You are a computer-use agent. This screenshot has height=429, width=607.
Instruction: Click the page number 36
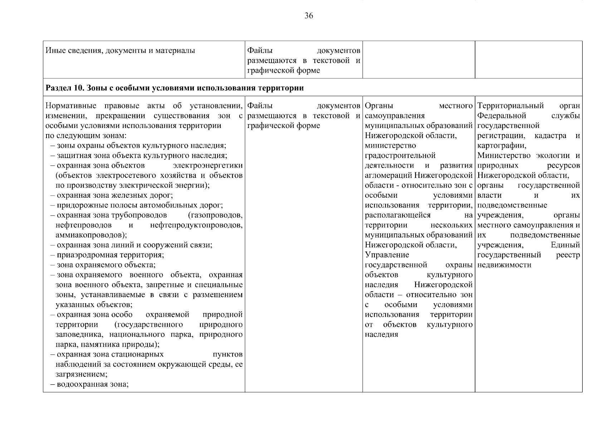pyautogui.click(x=309, y=16)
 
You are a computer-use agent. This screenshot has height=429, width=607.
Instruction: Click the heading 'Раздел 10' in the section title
pyautogui.click(x=64, y=88)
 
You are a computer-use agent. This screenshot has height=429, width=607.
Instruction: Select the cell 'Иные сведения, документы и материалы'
pyautogui.click(x=121, y=50)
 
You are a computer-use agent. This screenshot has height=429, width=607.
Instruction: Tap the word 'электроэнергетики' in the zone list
pyautogui.click(x=208, y=166)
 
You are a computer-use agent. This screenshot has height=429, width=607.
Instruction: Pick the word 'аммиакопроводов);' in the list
pyautogui.click(x=91, y=235)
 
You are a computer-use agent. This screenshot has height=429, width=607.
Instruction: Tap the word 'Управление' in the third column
pyautogui.click(x=387, y=255)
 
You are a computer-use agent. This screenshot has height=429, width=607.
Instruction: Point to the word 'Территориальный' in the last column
pyautogui.click(x=510, y=106)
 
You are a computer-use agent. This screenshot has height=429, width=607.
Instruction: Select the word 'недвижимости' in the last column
pyautogui.click(x=504, y=265)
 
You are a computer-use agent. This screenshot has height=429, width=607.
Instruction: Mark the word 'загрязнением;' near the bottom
pyautogui.click(x=82, y=374)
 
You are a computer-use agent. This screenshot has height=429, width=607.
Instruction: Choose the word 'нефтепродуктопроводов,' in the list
pyautogui.click(x=196, y=225)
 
